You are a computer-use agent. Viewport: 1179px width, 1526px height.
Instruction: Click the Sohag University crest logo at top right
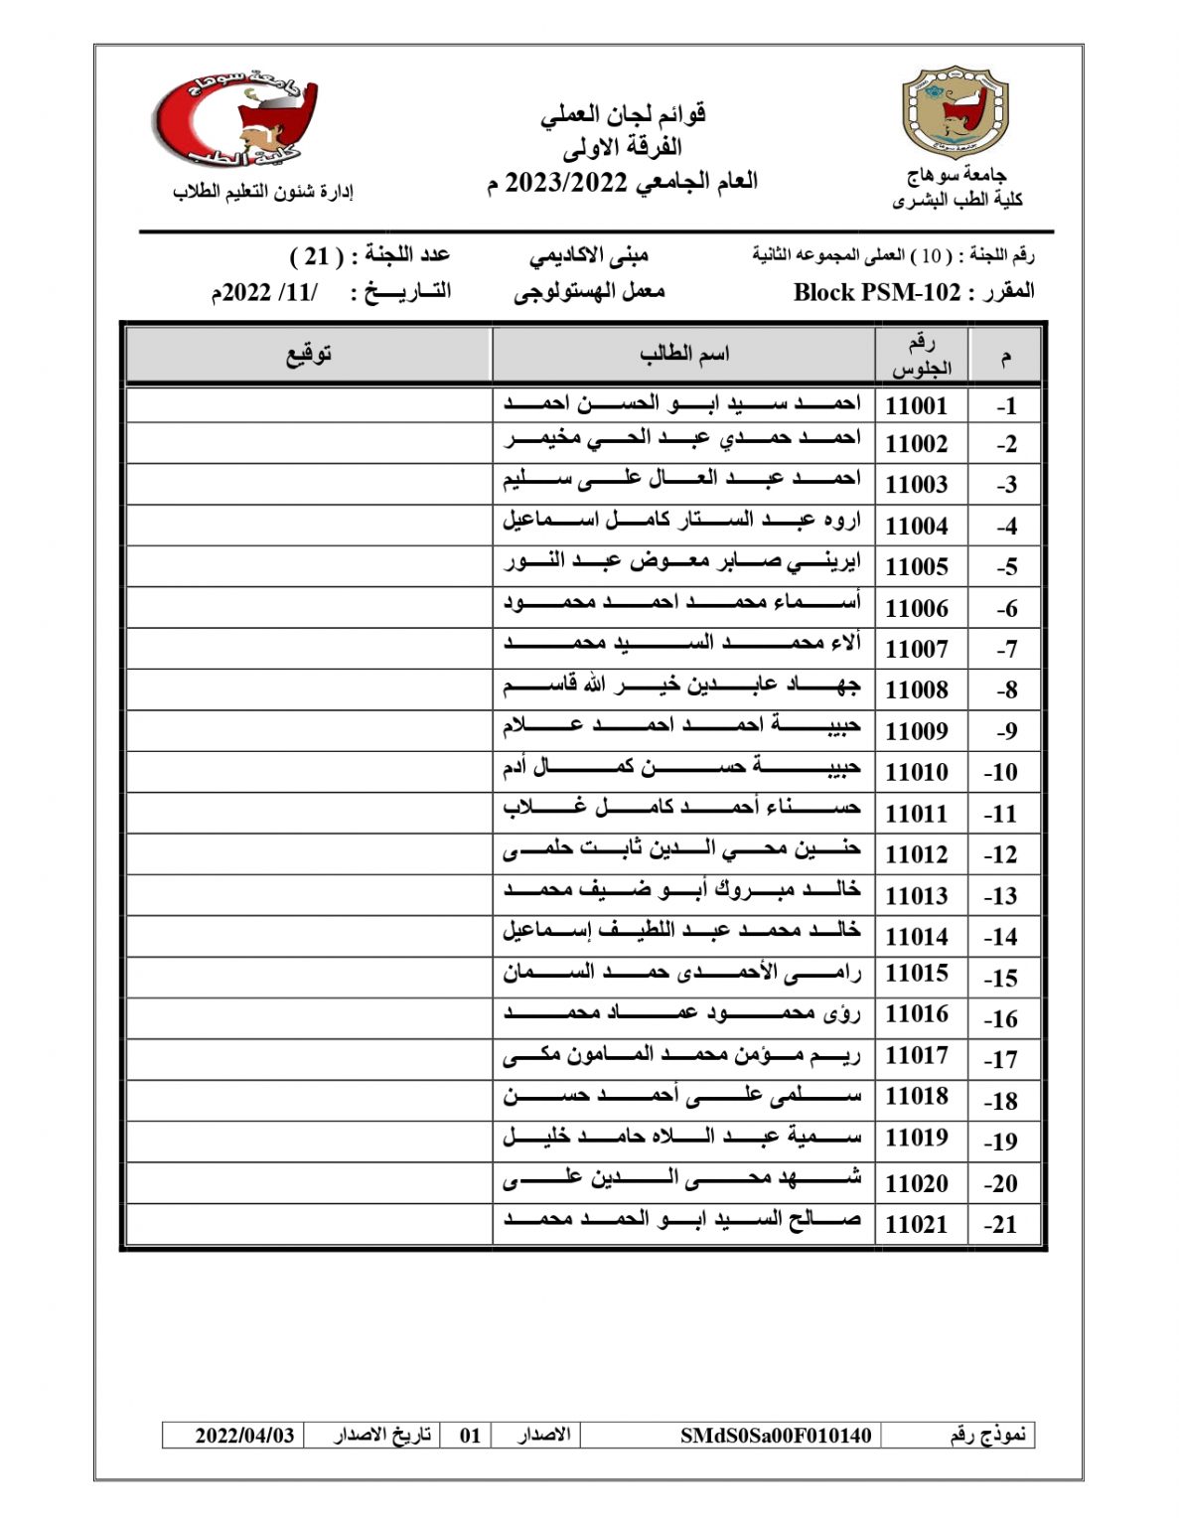click(954, 113)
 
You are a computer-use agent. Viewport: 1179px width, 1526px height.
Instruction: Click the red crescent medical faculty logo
click(234, 121)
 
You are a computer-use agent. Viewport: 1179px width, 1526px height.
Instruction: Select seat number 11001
click(916, 405)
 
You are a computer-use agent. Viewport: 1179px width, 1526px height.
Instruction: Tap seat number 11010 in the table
click(916, 772)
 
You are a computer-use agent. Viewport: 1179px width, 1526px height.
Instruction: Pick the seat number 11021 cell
click(916, 1224)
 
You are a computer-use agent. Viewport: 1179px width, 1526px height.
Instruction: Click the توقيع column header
click(309, 354)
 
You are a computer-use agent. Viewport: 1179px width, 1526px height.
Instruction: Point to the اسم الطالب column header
click(683, 354)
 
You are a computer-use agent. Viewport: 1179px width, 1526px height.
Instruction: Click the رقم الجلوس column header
click(921, 355)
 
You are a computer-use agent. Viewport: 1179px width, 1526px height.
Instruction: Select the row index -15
click(1001, 978)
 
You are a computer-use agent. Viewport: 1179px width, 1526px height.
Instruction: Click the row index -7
click(1006, 649)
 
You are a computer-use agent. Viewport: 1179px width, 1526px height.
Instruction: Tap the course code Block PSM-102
click(877, 292)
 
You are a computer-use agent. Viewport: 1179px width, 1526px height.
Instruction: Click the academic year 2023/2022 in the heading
click(566, 183)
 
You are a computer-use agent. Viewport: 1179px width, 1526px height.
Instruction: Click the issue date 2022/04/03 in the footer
click(244, 1435)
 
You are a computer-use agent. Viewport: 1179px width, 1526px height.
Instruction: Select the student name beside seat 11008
click(681, 686)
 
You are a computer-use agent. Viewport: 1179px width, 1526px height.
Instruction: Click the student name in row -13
click(681, 890)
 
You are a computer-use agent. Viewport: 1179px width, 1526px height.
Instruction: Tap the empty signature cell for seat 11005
click(309, 566)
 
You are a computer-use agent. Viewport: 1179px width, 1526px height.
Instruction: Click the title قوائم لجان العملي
click(623, 114)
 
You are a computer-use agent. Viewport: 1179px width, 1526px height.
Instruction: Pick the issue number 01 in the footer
click(470, 1435)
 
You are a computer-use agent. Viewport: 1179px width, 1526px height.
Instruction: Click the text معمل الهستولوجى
click(589, 292)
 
